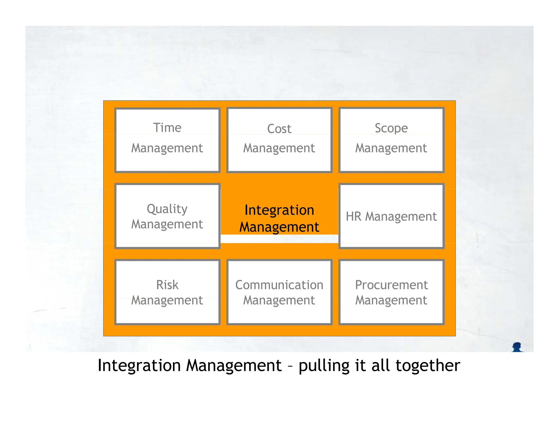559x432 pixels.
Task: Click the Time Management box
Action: tap(167, 140)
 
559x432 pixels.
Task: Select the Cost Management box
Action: tap(279, 140)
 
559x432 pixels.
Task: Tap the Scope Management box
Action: tap(391, 140)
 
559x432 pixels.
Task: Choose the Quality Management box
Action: tap(167, 216)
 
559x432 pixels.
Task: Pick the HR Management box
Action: tap(391, 216)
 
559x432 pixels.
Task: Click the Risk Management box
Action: tap(167, 292)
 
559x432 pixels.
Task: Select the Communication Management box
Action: tap(279, 292)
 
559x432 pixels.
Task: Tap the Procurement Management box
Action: tap(391, 292)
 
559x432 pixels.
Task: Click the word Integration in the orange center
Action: tap(279, 210)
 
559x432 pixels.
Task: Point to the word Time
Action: tap(167, 128)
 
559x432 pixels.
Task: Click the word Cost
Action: tap(279, 129)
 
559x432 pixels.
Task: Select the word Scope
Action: tap(391, 128)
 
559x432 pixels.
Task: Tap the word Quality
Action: tap(167, 209)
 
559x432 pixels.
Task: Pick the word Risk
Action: tap(167, 285)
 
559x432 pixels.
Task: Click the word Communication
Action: tap(279, 285)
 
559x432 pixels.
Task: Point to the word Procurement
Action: tap(391, 285)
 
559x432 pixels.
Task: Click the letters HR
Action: tap(353, 216)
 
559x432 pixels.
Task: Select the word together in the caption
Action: tap(428, 366)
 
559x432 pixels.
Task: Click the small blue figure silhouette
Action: tap(517, 347)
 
